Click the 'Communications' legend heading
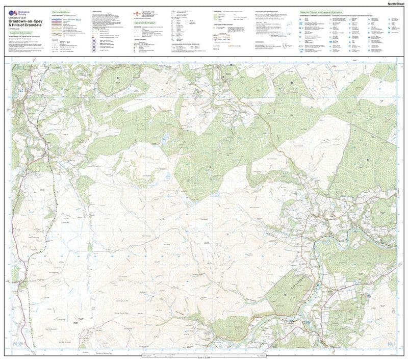pyautogui.click(x=61, y=12)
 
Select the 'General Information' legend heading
pyautogui.click(x=146, y=23)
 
